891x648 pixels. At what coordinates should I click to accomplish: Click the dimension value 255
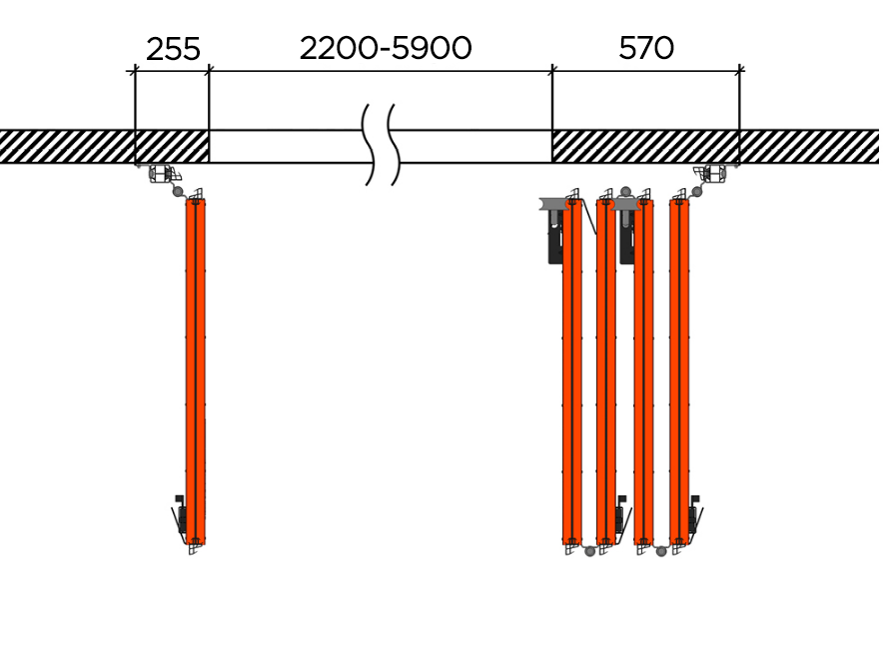point(174,49)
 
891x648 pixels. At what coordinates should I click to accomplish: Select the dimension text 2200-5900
point(386,48)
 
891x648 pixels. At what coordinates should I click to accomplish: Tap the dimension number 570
point(646,48)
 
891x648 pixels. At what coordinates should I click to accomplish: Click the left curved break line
point(369,145)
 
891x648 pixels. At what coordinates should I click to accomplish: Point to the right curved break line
point(394,145)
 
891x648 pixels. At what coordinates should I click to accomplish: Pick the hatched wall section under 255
point(172,147)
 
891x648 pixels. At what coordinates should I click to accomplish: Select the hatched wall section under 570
point(645,147)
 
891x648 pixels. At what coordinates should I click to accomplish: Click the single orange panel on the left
point(195,371)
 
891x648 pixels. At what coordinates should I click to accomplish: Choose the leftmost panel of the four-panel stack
point(572,371)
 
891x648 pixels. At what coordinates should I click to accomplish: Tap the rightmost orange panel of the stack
point(679,371)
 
